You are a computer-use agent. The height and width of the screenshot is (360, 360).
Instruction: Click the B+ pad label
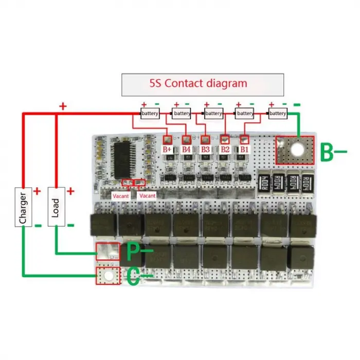pyautogui.click(x=168, y=150)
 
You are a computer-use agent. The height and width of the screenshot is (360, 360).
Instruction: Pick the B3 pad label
pyautogui.click(x=206, y=150)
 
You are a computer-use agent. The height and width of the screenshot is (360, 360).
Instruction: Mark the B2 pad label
pyautogui.click(x=225, y=150)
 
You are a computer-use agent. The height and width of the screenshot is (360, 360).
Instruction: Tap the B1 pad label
pyautogui.click(x=244, y=150)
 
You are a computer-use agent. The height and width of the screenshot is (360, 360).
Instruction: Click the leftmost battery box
pyautogui.click(x=150, y=113)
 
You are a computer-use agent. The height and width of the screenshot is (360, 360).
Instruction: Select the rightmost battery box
pyautogui.click(x=278, y=113)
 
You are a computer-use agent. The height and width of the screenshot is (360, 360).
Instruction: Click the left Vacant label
pyautogui.click(x=121, y=196)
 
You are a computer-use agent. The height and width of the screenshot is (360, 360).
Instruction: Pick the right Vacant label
pyautogui.click(x=147, y=196)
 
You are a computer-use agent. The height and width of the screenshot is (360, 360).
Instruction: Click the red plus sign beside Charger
pyautogui.click(x=37, y=191)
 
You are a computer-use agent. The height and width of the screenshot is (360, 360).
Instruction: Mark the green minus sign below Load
pyautogui.click(x=70, y=225)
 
